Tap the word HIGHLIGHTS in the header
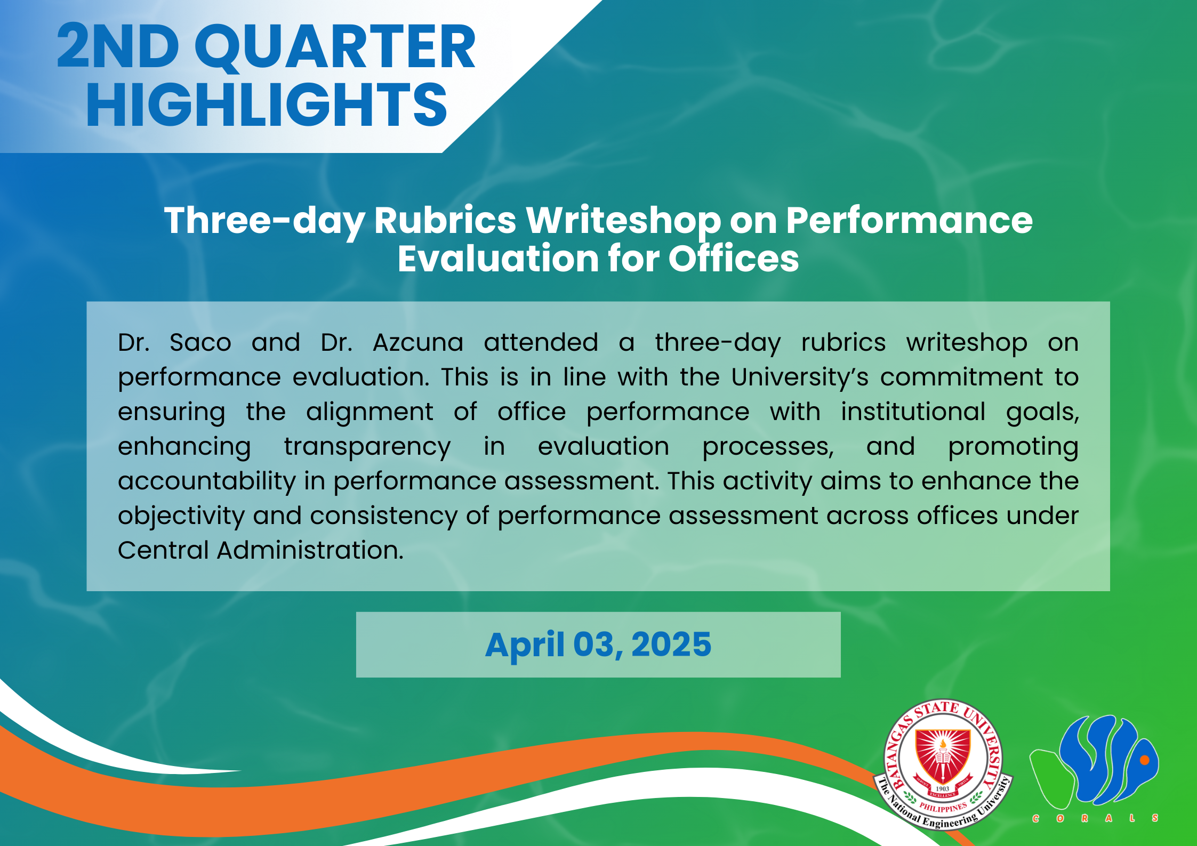coord(267,105)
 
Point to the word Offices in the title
coord(734,259)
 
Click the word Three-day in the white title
coord(264,221)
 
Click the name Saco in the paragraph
coord(200,342)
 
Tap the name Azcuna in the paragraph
coord(418,342)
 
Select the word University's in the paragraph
coord(800,378)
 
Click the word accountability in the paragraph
coord(207,481)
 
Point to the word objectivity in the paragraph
coord(181,517)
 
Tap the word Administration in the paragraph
coord(310,550)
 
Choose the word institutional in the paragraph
coord(913,412)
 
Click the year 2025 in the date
coord(671,644)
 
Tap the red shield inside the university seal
coord(943,757)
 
